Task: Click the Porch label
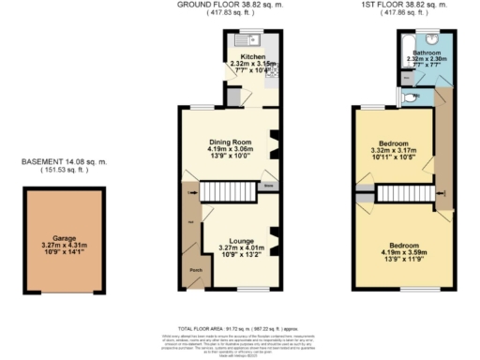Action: (x=195, y=270)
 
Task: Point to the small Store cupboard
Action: (x=268, y=187)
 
